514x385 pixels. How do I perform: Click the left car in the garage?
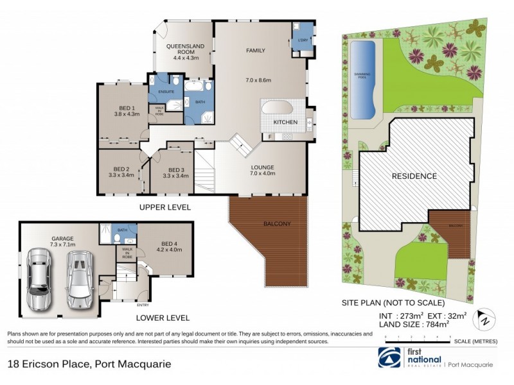pos(40,283)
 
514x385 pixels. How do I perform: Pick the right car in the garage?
pos(79,280)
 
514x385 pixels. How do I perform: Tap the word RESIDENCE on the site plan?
pos(414,176)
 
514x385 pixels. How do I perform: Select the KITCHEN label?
pos(285,122)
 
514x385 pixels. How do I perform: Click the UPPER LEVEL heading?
pos(164,207)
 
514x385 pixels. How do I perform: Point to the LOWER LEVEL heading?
pos(163,318)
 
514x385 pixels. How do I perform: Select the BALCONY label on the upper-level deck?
pos(277,224)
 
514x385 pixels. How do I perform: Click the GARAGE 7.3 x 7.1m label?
pos(62,241)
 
